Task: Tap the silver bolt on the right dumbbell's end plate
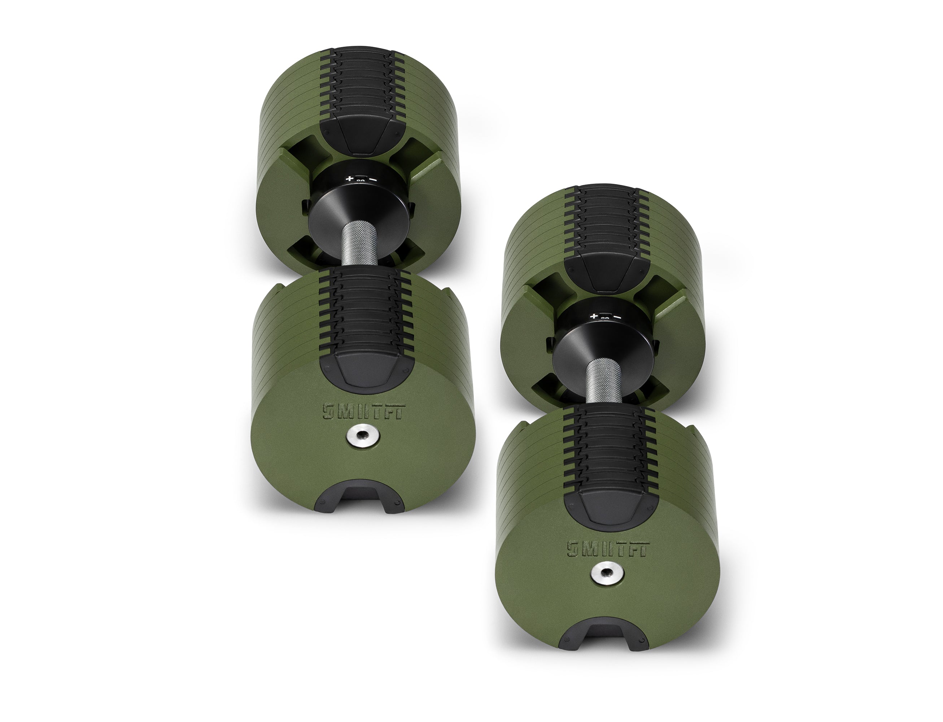pyautogui.click(x=607, y=584)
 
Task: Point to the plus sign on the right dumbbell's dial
pyautogui.click(x=594, y=317)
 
